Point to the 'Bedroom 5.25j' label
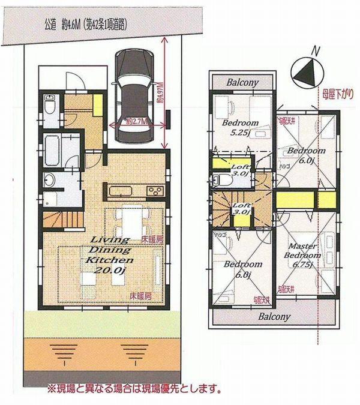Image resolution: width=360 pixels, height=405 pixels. pos(241,128)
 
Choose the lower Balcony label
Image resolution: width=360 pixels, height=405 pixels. pos(274,316)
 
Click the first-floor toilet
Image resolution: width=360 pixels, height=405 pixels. pos(49,106)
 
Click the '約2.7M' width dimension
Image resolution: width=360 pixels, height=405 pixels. pos(137,120)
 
